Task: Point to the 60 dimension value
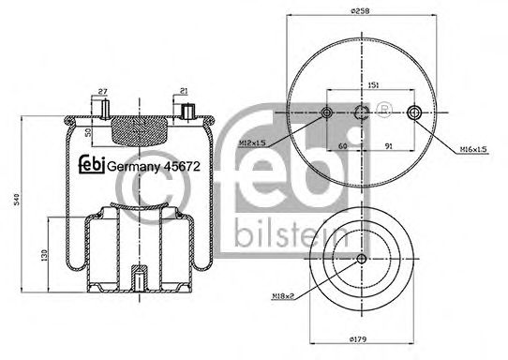click(x=343, y=146)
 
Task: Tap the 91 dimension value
click(x=388, y=146)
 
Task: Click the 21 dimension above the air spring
click(x=184, y=91)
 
